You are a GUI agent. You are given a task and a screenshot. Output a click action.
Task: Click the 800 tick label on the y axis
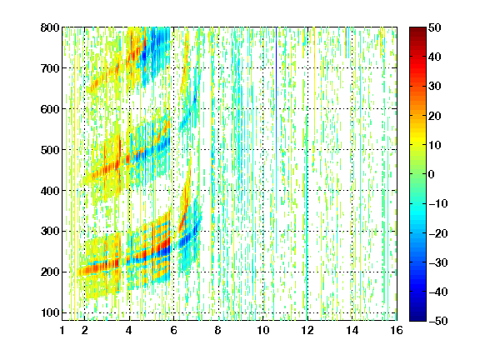click(50, 27)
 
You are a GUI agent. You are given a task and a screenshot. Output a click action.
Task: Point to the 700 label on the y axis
click(50, 68)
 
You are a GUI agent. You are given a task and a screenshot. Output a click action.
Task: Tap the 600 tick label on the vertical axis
click(50, 109)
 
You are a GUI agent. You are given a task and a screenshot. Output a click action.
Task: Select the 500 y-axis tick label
click(50, 150)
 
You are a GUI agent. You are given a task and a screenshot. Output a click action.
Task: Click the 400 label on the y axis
click(50, 191)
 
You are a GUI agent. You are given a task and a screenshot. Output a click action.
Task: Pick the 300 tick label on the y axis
click(50, 232)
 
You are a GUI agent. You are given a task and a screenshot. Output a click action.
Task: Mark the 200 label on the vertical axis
click(50, 272)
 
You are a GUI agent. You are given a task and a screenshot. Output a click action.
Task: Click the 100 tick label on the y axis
click(50, 312)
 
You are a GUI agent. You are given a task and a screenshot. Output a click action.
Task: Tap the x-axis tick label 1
click(62, 330)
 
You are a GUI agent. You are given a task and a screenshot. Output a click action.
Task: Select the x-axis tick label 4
click(129, 330)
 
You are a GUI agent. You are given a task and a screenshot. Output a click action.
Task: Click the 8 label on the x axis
click(218, 330)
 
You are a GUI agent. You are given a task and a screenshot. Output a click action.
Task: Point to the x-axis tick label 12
click(307, 330)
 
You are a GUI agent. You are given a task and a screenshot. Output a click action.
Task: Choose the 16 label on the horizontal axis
click(397, 330)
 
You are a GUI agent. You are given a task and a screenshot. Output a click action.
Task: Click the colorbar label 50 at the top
click(435, 27)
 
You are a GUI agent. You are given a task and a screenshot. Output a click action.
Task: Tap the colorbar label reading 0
click(432, 174)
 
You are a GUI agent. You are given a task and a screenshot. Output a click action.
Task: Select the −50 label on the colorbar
click(438, 321)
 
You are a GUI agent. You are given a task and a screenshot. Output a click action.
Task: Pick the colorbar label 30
click(435, 87)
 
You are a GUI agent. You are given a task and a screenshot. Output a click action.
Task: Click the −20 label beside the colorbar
click(438, 233)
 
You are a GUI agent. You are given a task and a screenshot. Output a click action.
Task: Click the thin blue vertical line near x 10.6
click(277, 92)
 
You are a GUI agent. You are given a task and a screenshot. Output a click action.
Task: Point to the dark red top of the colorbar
click(417, 33)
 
